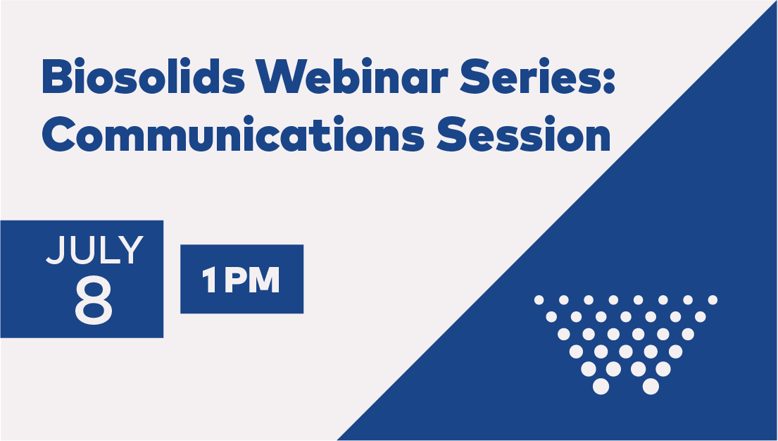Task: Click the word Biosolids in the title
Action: [144, 76]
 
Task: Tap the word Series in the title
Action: [532, 76]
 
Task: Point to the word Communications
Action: [233, 134]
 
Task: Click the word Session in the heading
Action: [523, 134]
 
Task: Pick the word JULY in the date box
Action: [95, 250]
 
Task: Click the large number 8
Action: [94, 300]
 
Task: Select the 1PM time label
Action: [241, 280]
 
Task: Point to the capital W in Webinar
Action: [280, 77]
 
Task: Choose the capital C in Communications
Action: [58, 134]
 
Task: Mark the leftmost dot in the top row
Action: [539, 300]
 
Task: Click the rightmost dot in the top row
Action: [713, 300]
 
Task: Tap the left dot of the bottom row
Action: [601, 386]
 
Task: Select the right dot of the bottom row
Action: [651, 386]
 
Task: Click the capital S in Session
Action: [451, 134]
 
